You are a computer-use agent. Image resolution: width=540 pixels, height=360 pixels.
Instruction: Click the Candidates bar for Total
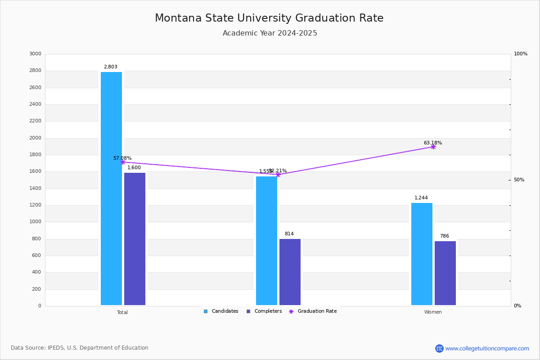111,189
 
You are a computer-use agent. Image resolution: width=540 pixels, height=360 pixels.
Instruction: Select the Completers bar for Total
135,239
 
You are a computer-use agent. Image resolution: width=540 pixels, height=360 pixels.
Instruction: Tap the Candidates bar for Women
422,254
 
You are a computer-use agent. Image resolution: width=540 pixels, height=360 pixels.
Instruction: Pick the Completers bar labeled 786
445,273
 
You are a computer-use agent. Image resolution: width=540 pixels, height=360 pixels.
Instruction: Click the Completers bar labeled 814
290,272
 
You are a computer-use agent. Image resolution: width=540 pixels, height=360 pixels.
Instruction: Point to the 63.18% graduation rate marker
433,147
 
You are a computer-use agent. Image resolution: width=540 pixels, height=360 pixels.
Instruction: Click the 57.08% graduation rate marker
122,162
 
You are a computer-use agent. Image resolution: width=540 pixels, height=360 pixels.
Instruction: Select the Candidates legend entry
221,311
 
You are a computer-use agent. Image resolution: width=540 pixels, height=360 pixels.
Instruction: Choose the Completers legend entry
264,311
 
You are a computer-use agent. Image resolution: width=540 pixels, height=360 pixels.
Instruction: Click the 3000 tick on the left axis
35,54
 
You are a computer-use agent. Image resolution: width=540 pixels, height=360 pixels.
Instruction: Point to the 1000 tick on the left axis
35,222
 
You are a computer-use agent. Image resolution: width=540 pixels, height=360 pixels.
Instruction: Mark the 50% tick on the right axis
519,180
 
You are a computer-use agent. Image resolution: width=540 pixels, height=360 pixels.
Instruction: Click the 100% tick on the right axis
520,54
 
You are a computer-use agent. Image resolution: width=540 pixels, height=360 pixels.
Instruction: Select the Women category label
433,312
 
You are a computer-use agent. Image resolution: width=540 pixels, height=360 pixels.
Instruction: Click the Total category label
122,312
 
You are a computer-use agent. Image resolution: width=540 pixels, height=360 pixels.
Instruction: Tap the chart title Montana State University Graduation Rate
269,18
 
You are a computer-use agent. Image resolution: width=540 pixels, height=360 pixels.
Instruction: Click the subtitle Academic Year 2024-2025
270,33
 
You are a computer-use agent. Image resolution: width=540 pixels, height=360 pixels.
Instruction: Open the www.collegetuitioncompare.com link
487,348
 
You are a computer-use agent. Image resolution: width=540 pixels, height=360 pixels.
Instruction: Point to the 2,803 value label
110,67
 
